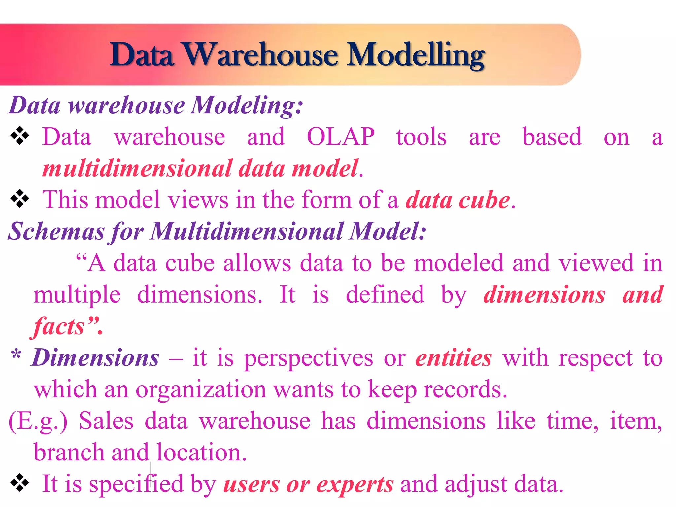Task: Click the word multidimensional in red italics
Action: click(x=137, y=168)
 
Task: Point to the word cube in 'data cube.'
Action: click(x=484, y=200)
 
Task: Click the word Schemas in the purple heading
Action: click(x=56, y=231)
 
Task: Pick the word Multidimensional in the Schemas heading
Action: click(x=246, y=231)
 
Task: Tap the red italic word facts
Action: click(x=59, y=326)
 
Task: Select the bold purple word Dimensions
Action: click(x=95, y=358)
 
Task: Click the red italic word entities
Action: click(x=454, y=358)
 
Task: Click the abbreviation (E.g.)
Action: click(x=38, y=421)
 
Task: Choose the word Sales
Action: click(x=106, y=421)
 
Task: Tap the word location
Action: click(x=201, y=452)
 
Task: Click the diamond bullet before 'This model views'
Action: click(x=20, y=199)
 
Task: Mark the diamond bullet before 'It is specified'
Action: click(x=20, y=483)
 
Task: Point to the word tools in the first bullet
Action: click(x=421, y=137)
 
